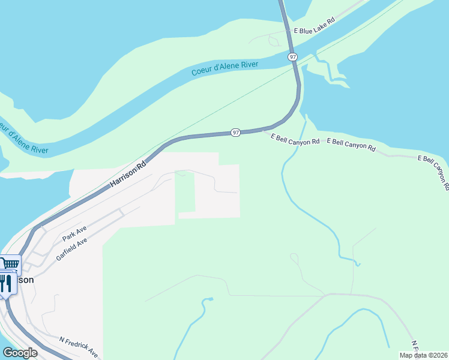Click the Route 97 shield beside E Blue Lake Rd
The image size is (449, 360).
click(x=292, y=56)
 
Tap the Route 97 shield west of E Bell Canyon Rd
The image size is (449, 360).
click(x=236, y=132)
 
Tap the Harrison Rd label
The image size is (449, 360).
click(x=128, y=175)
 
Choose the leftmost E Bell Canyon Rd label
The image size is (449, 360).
click(x=295, y=140)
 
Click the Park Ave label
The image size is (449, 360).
click(x=75, y=234)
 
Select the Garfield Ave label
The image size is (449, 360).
click(x=72, y=247)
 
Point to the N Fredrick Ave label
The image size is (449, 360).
click(x=79, y=347)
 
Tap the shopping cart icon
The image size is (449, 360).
click(x=10, y=263)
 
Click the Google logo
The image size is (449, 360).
click(x=20, y=353)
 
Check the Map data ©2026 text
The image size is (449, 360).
click(x=423, y=355)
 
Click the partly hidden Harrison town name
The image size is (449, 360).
click(x=24, y=280)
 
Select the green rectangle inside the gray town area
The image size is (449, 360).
click(x=185, y=192)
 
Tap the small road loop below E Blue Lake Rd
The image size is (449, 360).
click(x=274, y=41)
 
